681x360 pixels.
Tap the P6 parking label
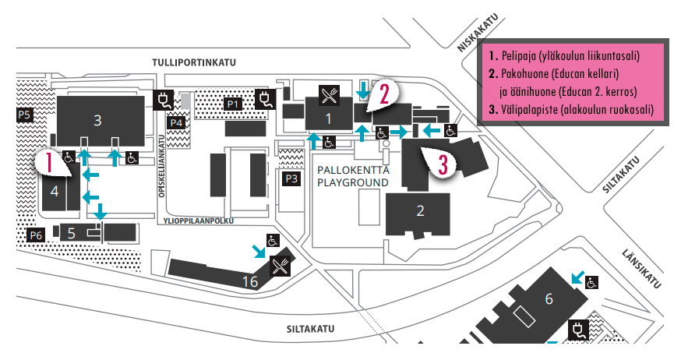(x=35, y=235)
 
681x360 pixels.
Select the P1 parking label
(x=232, y=104)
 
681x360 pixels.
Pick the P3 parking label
(x=291, y=178)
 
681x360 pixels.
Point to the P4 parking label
(x=176, y=122)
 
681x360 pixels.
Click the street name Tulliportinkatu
(x=194, y=62)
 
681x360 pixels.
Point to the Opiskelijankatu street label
(x=164, y=175)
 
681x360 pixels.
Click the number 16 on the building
(x=249, y=281)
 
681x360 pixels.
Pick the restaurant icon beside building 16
(x=280, y=266)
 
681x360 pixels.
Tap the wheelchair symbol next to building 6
(x=592, y=281)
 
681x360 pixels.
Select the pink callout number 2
(x=384, y=94)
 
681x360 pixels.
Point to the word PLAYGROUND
(x=352, y=182)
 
